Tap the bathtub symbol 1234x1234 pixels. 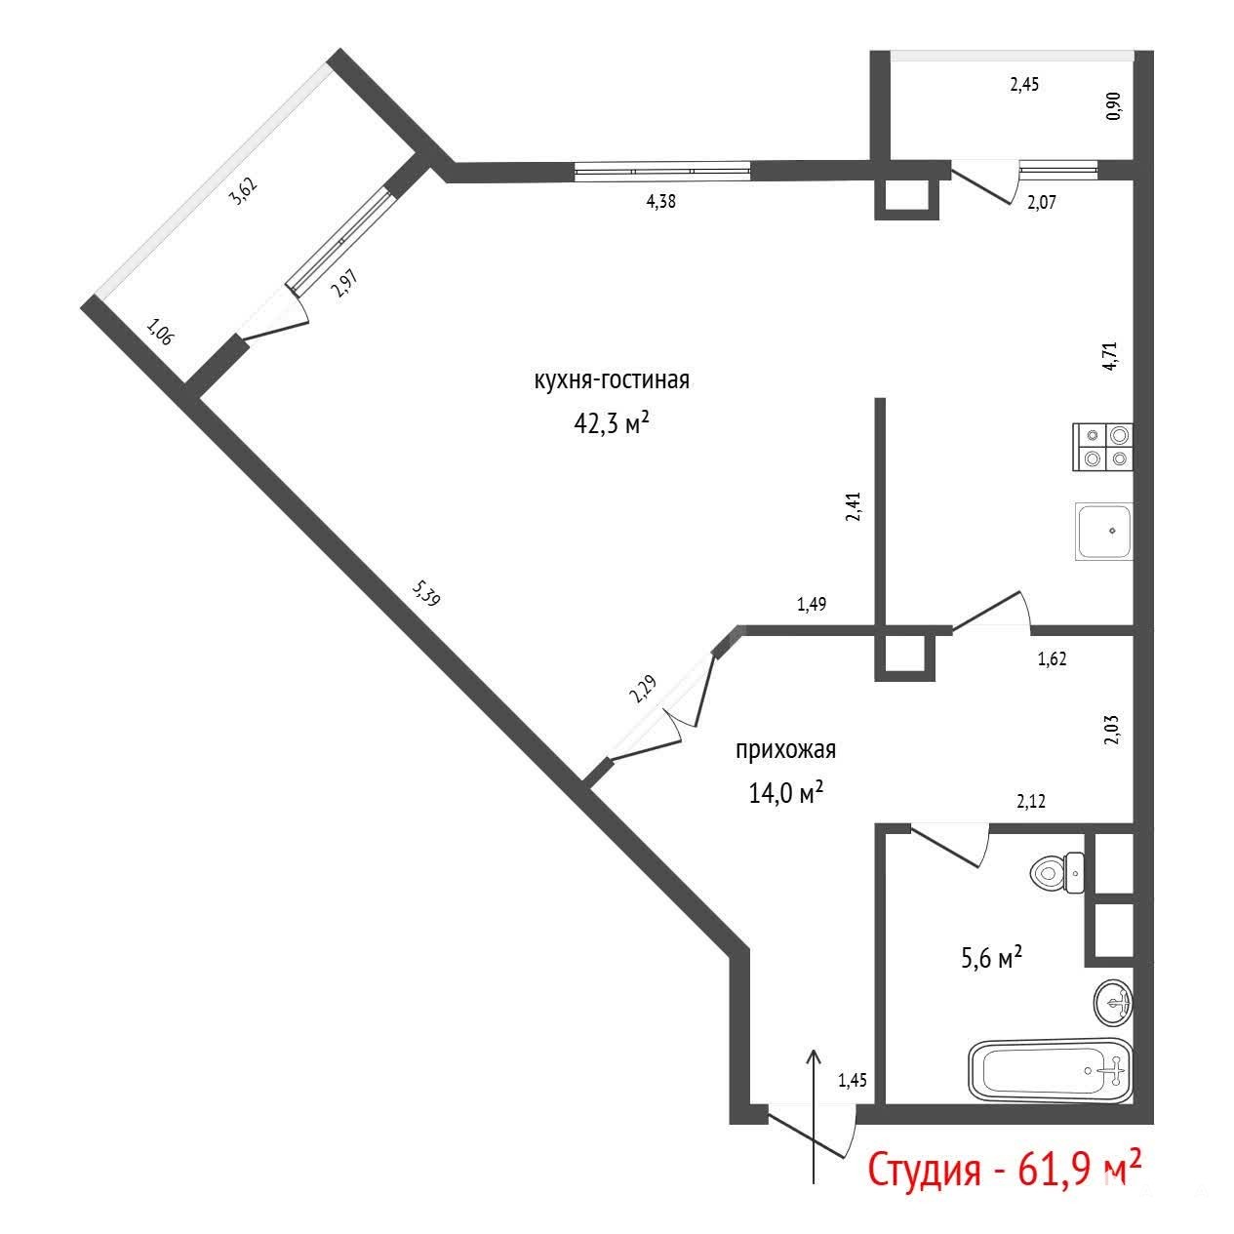click(1051, 1070)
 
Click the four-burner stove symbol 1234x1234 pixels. click(1102, 447)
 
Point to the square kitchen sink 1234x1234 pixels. click(1104, 532)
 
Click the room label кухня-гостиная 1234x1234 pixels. click(612, 380)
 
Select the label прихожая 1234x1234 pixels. click(785, 750)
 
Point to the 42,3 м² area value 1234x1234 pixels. click(612, 422)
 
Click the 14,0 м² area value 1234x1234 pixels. click(785, 793)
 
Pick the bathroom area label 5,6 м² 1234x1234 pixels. click(992, 957)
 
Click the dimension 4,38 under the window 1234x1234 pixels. click(660, 202)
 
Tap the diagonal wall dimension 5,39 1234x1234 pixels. click(426, 593)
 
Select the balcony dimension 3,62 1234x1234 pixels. click(244, 191)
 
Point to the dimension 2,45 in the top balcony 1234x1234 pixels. click(1024, 85)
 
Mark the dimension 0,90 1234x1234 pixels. click(1114, 105)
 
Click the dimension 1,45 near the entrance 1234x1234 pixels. click(853, 1080)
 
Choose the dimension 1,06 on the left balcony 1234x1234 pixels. click(159, 333)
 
